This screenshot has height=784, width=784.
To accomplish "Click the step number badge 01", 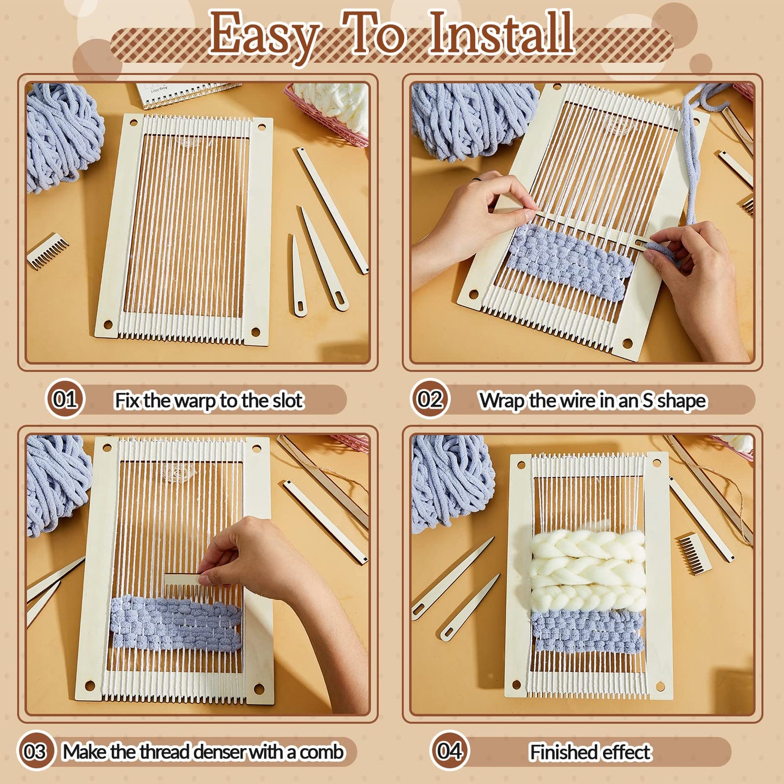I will (65, 399).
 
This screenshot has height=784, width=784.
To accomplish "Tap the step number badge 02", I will (430, 399).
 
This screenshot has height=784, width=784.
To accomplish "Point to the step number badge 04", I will (450, 751).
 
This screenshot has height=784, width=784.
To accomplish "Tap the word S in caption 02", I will (647, 400).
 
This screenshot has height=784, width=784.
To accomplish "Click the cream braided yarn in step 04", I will (588, 570).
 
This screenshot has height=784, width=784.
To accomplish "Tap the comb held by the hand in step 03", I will (184, 579).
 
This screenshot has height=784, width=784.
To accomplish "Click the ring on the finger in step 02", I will (476, 179).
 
